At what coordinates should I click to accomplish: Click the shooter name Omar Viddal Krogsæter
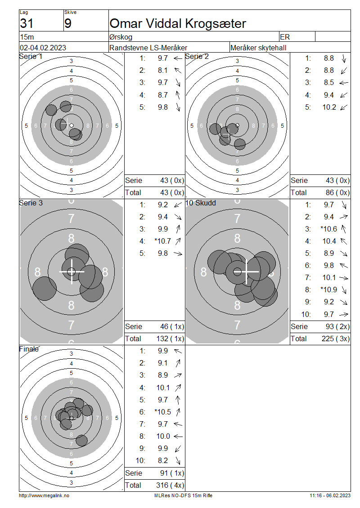pyautogui.click(x=178, y=24)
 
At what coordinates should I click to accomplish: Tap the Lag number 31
pyautogui.click(x=27, y=24)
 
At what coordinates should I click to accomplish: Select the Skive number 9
pyautogui.click(x=68, y=24)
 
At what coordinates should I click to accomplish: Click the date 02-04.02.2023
pyautogui.click(x=43, y=48)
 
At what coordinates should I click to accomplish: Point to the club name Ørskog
pyautogui.click(x=121, y=37)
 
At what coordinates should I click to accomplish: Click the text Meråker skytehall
pyautogui.click(x=258, y=48)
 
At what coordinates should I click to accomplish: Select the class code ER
pyautogui.click(x=285, y=37)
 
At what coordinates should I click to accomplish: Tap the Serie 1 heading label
pyautogui.click(x=31, y=56)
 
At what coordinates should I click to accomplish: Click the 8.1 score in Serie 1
pyautogui.click(x=163, y=70)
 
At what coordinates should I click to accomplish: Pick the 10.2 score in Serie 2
pyautogui.click(x=329, y=107)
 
